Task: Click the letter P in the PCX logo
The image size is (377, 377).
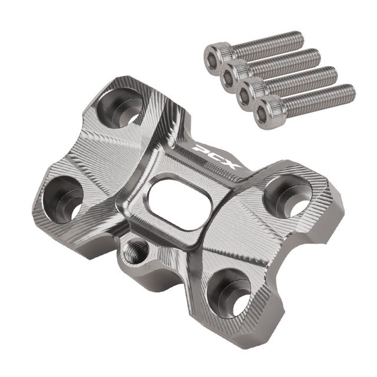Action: coord(201,148)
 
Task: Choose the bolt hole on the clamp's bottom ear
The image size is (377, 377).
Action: coord(229,293)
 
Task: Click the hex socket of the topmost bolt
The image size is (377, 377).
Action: coord(212,57)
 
